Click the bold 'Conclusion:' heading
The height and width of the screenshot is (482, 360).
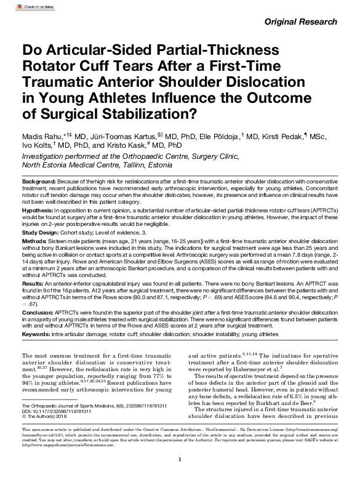[x=38, y=313]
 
